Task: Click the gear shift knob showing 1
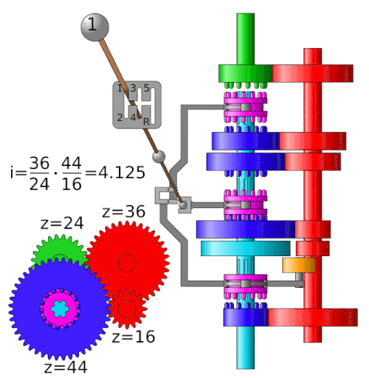(94, 27)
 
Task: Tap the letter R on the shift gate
(146, 121)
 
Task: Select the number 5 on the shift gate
(147, 88)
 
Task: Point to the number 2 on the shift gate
(120, 117)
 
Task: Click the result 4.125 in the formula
(122, 172)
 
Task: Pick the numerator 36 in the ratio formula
(39, 163)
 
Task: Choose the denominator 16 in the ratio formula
(72, 184)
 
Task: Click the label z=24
(62, 223)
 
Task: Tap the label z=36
(124, 211)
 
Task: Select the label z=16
(134, 337)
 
